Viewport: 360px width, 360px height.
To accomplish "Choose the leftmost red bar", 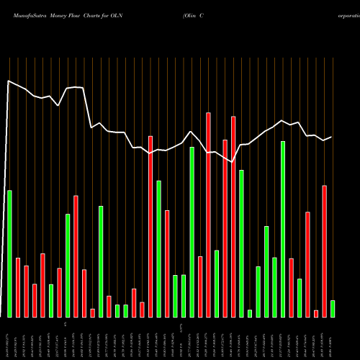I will [x=18, y=287].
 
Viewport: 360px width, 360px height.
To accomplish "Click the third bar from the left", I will [x=27, y=291].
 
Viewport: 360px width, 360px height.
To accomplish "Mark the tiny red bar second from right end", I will [x=316, y=313].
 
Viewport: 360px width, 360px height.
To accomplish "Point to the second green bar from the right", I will [x=300, y=297].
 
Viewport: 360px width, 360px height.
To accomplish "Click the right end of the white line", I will [x=332, y=137].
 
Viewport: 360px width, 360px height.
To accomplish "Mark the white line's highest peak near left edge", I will [x=9, y=81].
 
